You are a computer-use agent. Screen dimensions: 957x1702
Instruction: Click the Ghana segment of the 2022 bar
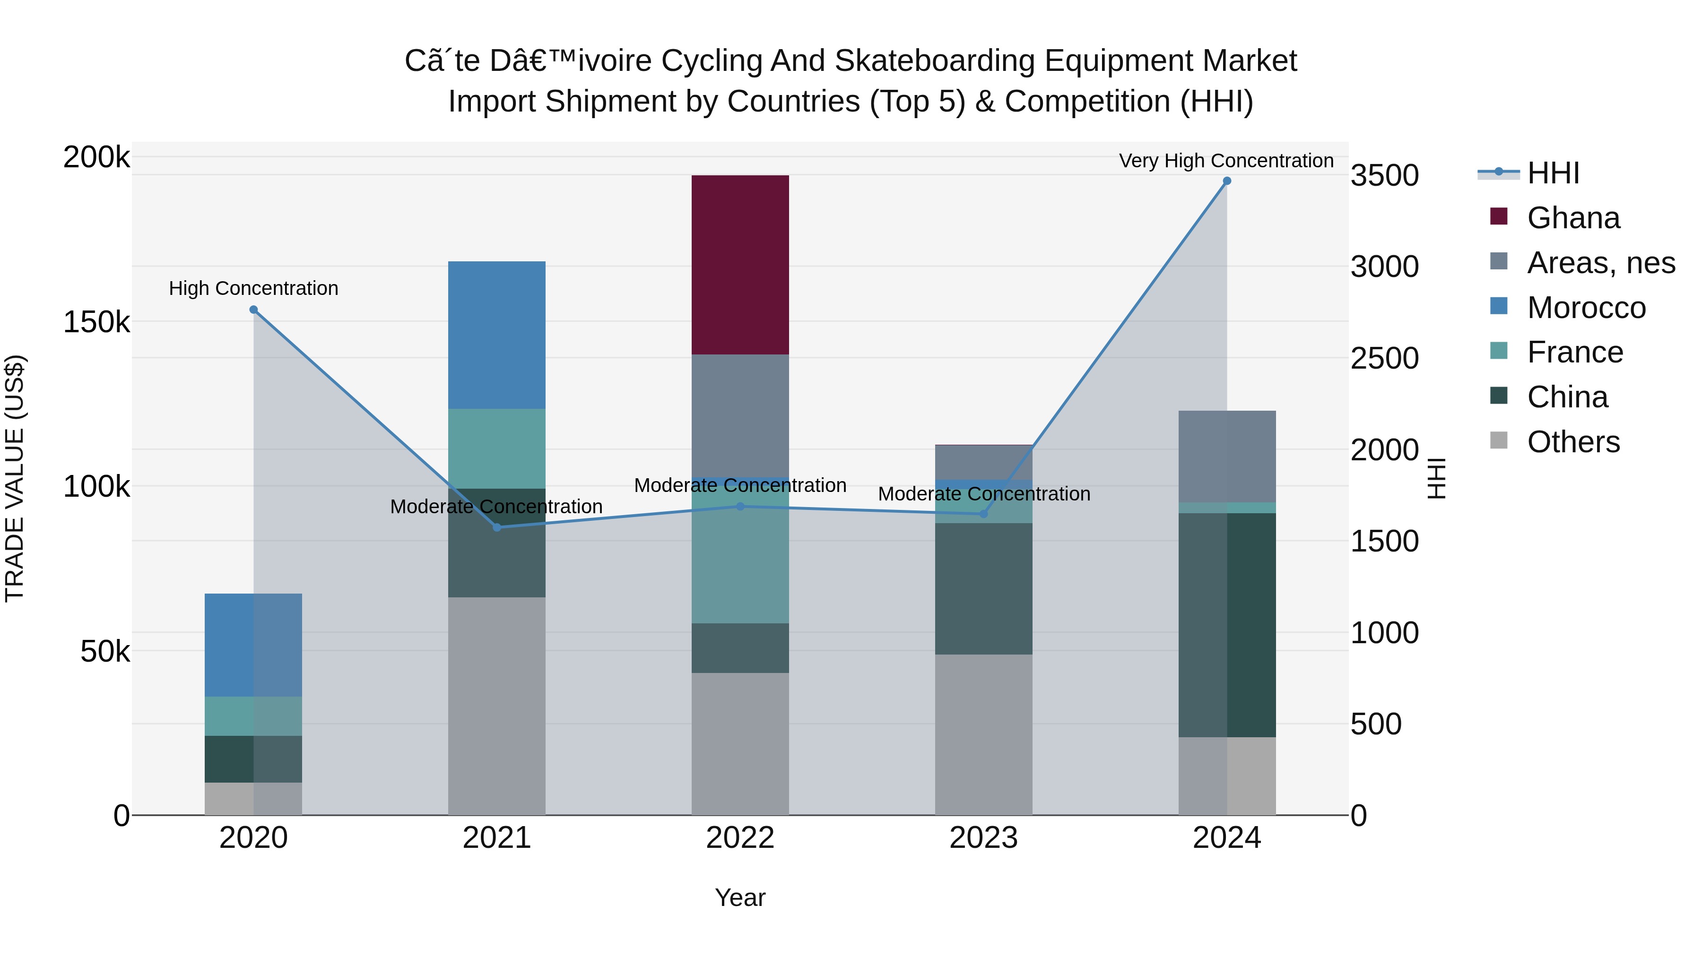pos(740,264)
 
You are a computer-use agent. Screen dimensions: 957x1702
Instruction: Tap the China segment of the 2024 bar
pos(1227,624)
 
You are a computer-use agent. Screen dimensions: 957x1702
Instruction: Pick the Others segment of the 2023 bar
pos(983,734)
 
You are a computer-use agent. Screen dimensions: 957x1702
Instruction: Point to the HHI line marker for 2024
pos(1227,181)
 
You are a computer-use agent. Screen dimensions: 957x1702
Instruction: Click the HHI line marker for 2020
pos(254,310)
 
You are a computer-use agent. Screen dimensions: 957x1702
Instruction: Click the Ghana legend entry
pos(1572,218)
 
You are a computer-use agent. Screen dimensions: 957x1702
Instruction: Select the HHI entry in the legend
pos(1553,173)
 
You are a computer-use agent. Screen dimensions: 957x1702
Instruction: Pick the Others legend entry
pos(1572,442)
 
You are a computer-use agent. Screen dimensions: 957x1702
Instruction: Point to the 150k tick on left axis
pos(96,322)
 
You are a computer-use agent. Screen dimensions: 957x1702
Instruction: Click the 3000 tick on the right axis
pos(1384,267)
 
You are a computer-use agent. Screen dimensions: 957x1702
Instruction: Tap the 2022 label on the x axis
pos(740,838)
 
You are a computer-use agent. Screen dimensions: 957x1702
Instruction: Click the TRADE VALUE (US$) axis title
pos(15,478)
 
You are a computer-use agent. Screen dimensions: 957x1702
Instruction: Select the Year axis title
pos(740,897)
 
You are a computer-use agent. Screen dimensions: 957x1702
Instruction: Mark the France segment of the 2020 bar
pos(254,716)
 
